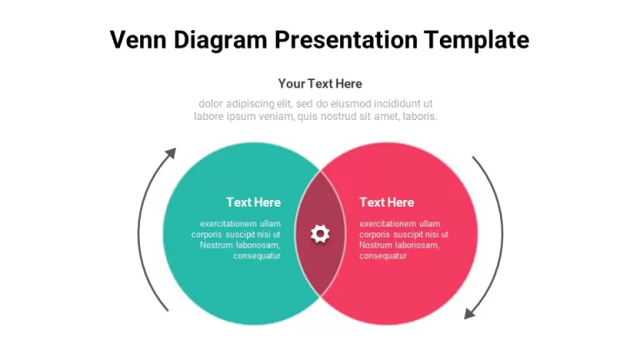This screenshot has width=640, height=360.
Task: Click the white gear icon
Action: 320,234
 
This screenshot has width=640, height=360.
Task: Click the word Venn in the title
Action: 138,40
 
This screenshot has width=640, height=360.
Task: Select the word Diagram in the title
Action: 220,41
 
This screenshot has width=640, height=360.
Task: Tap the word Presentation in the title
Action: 346,40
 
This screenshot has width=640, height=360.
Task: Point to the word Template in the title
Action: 477,41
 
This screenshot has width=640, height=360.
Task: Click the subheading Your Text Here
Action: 320,83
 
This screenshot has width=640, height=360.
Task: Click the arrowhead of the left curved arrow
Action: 172,153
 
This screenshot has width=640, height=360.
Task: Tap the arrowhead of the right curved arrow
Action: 469,313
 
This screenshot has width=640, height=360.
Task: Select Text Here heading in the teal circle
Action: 253,202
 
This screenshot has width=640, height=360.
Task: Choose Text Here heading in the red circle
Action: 387,202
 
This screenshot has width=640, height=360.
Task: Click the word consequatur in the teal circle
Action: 257,256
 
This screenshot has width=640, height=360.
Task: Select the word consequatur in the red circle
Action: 382,256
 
